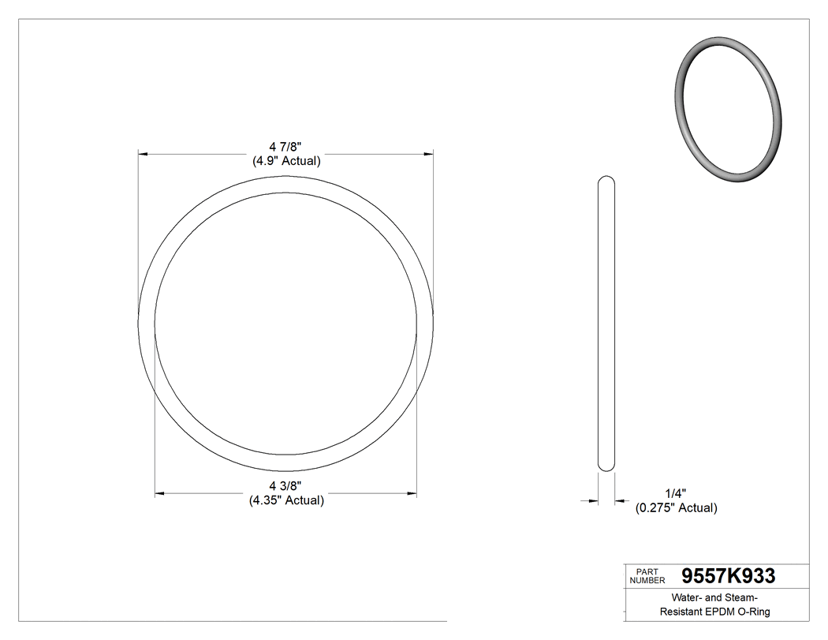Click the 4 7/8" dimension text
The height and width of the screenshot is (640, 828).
tap(285, 147)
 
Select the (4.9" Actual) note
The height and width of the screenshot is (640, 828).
tap(285, 161)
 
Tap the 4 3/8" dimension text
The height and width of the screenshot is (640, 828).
tap(285, 485)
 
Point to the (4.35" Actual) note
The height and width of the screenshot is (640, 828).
tap(286, 500)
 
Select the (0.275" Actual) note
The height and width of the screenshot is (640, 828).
tap(677, 508)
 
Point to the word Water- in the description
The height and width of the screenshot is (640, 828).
tap(689, 597)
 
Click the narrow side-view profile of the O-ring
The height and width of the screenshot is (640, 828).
tap(606, 324)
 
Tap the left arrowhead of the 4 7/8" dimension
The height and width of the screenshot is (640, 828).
tap(143, 153)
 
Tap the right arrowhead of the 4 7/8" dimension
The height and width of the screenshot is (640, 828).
tap(429, 153)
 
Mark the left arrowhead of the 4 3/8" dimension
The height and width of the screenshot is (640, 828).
tap(159, 494)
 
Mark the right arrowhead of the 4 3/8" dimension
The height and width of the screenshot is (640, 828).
tap(412, 494)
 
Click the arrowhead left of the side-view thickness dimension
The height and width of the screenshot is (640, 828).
tap(592, 500)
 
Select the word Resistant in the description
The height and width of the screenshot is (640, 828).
tap(679, 612)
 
